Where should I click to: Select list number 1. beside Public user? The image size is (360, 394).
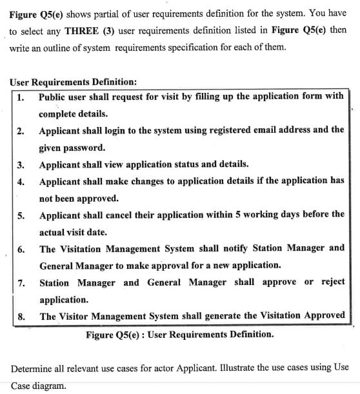(x=21, y=97)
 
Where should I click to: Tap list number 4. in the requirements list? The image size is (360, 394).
(x=21, y=181)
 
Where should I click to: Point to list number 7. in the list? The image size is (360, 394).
(x=21, y=283)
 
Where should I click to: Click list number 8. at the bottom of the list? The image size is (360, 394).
(x=21, y=317)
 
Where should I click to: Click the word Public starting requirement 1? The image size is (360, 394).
(x=54, y=97)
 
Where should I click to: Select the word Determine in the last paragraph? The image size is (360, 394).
(x=35, y=368)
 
